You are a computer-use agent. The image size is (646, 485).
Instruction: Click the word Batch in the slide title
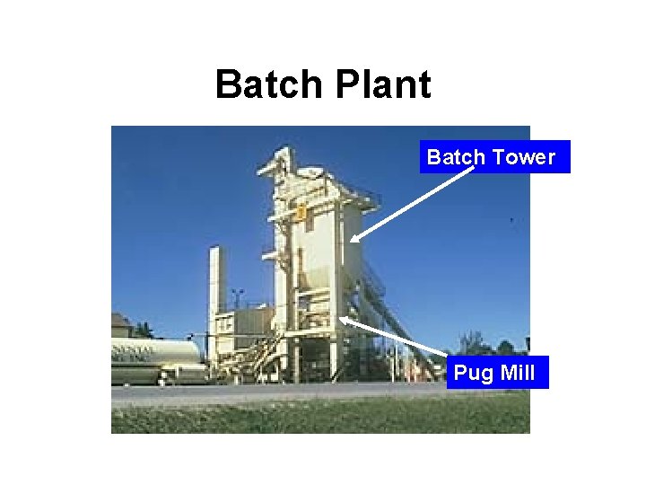[x=269, y=85]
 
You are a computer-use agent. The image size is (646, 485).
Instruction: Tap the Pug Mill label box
[x=496, y=372]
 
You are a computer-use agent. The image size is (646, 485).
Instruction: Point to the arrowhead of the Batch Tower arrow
[x=354, y=238]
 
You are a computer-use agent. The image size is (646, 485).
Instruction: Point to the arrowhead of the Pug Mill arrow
[x=345, y=319]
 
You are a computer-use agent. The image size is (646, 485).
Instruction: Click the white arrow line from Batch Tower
[x=413, y=204]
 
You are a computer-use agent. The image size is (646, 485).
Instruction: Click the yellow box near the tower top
[x=301, y=213]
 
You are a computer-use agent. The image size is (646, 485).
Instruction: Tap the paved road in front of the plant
[x=269, y=392]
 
